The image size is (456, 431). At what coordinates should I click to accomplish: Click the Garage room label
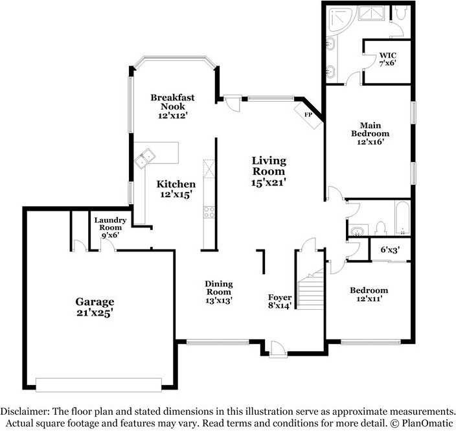95,307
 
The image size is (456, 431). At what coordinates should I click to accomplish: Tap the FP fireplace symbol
308,115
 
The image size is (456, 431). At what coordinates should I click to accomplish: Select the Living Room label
269,171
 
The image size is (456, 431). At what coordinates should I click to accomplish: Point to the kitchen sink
145,158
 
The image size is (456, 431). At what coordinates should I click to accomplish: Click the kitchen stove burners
209,212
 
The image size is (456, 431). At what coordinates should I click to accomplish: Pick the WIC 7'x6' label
387,59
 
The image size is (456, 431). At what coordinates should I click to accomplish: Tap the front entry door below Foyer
277,349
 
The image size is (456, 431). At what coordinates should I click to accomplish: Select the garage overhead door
98,385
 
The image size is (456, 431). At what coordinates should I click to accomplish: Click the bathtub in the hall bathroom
402,217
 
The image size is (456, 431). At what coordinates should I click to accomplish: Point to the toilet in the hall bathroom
380,229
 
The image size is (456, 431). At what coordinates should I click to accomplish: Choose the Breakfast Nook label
172,106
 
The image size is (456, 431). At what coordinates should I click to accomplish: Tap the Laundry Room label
110,227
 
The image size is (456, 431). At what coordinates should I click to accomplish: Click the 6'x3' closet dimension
390,250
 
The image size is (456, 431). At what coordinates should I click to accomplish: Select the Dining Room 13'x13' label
219,292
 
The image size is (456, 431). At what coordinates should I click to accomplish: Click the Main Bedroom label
370,134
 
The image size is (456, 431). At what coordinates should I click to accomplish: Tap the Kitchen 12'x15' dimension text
176,194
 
